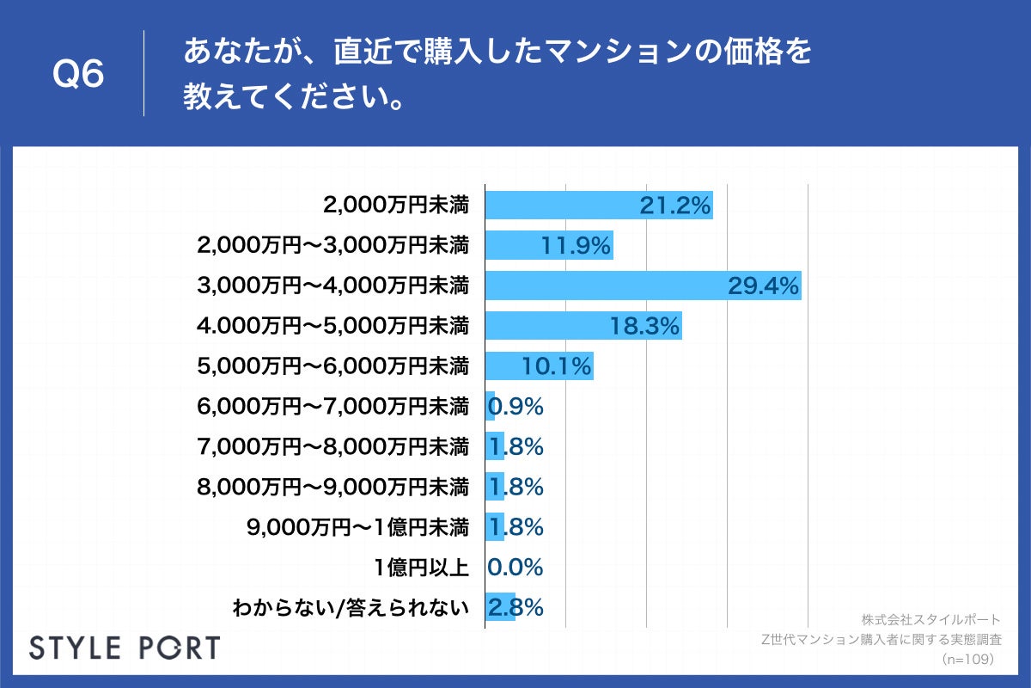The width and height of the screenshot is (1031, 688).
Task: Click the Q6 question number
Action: tap(78, 75)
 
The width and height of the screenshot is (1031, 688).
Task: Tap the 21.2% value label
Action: tap(675, 206)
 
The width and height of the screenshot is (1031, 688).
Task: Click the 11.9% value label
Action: tap(576, 246)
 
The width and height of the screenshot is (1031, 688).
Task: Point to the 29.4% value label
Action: tap(764, 286)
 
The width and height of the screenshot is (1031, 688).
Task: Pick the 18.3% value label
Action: tap(644, 326)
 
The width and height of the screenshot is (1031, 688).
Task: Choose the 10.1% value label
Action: tap(557, 366)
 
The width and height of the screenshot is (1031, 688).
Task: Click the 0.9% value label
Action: tap(515, 406)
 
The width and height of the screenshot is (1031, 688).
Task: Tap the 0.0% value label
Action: tap(515, 567)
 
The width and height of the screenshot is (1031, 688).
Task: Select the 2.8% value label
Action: tap(515, 607)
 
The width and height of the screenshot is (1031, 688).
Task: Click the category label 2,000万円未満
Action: tap(396, 206)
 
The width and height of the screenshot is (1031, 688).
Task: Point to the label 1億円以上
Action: tap(421, 567)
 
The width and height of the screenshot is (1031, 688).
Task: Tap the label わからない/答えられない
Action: tap(351, 608)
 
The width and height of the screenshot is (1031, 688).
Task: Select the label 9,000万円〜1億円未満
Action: tap(357, 526)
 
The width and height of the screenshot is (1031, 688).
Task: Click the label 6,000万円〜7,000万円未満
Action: tap(332, 406)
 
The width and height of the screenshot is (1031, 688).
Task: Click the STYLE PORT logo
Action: tap(125, 648)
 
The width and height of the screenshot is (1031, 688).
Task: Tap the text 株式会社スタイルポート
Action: tap(930, 619)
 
